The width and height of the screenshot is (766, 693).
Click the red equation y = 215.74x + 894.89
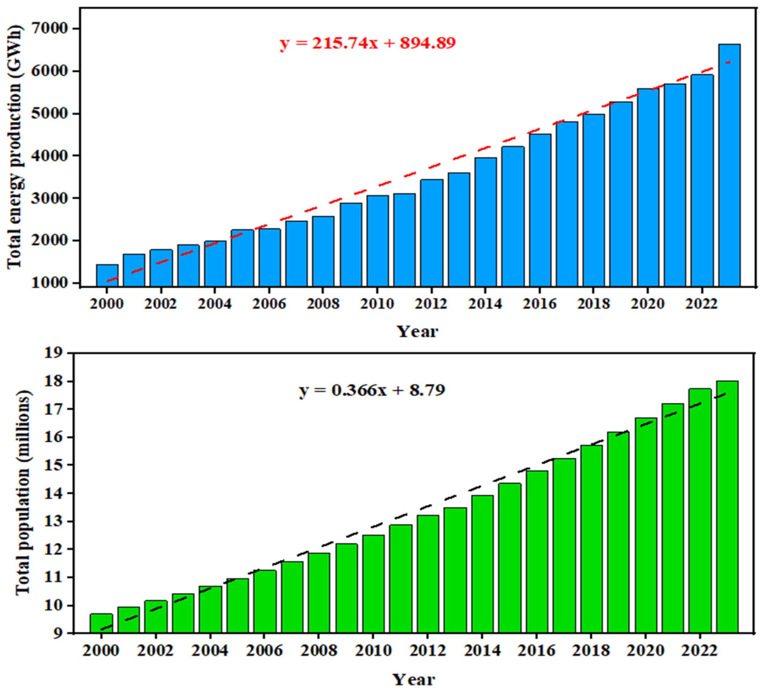click(x=368, y=43)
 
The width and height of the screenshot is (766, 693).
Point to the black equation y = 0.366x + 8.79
click(x=372, y=390)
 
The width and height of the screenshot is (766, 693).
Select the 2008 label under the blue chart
click(x=323, y=304)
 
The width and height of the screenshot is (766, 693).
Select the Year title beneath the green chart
click(x=413, y=679)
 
